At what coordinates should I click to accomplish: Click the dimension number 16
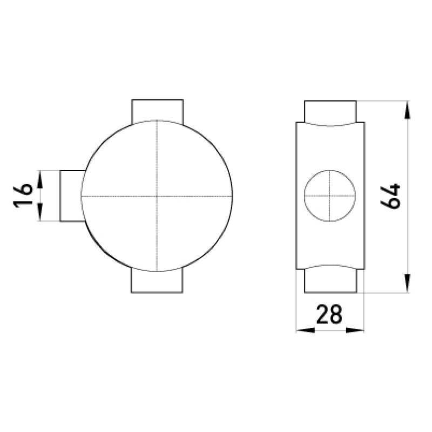[23, 195]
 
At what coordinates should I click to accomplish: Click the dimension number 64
[390, 196]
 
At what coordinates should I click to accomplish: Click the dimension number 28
[329, 314]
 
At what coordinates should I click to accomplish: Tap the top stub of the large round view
[157, 110]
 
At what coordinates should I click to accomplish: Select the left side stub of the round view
[72, 195]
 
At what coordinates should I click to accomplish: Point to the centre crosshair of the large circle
[157, 196]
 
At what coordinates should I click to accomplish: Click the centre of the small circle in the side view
[329, 195]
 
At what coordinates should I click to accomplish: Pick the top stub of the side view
[330, 112]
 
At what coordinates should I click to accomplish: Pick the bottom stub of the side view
[330, 281]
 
